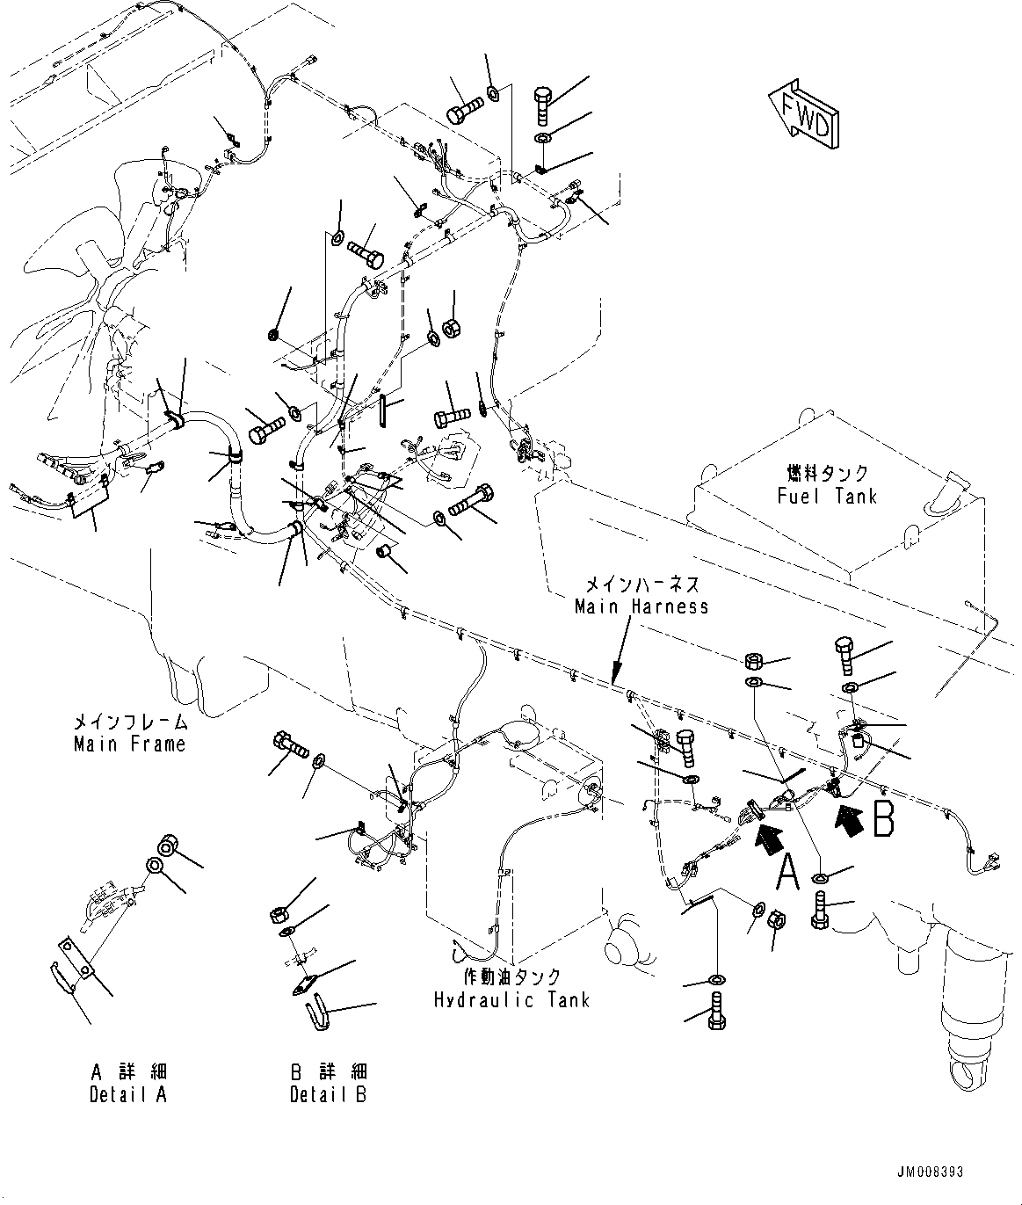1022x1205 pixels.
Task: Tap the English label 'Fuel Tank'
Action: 827,497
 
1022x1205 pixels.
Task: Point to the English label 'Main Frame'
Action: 129,744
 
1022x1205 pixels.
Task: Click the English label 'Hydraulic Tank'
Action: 511,1000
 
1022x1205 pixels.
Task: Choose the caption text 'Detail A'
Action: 128,1094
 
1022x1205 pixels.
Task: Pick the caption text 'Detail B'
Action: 329,1094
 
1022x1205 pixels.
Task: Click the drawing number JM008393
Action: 930,1172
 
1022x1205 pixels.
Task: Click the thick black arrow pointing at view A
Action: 767,836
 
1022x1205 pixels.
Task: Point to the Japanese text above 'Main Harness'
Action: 642,584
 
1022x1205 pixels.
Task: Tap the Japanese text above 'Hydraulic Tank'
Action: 511,977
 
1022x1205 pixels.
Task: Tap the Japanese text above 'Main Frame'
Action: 130,722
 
